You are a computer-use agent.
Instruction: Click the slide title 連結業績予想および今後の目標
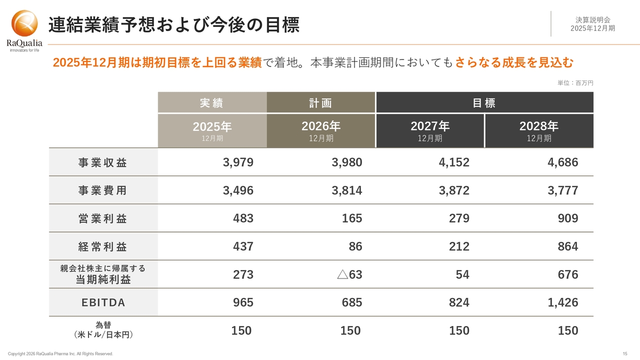(173, 25)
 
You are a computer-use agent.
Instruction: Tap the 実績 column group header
(212, 103)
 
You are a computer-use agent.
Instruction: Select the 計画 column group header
(320, 103)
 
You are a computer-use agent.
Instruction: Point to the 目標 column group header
(484, 103)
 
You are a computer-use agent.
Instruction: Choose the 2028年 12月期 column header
(538, 131)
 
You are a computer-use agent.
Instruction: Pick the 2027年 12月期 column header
(429, 131)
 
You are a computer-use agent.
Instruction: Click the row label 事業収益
(102, 162)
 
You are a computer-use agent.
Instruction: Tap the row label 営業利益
(102, 218)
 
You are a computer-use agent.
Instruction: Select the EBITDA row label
(103, 302)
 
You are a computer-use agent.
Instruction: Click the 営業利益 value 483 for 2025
(243, 218)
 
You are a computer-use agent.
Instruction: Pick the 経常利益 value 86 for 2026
(355, 246)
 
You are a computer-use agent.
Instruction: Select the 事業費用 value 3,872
(454, 190)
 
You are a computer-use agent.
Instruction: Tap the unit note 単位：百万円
(575, 83)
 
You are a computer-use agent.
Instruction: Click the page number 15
(625, 354)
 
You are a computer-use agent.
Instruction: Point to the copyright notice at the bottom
(60, 354)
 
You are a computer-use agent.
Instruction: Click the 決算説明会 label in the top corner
(592, 20)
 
